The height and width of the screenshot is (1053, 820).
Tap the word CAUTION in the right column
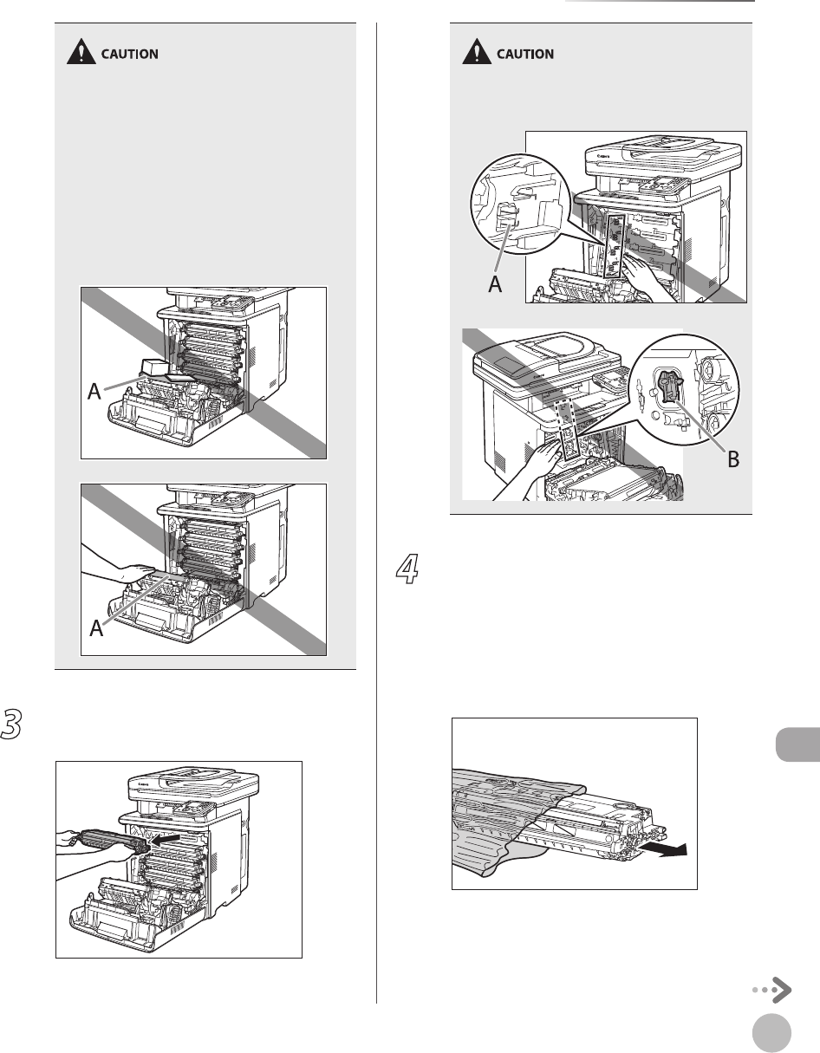524,54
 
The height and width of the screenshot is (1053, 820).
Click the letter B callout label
733,459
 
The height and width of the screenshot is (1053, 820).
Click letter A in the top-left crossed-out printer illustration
96,394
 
